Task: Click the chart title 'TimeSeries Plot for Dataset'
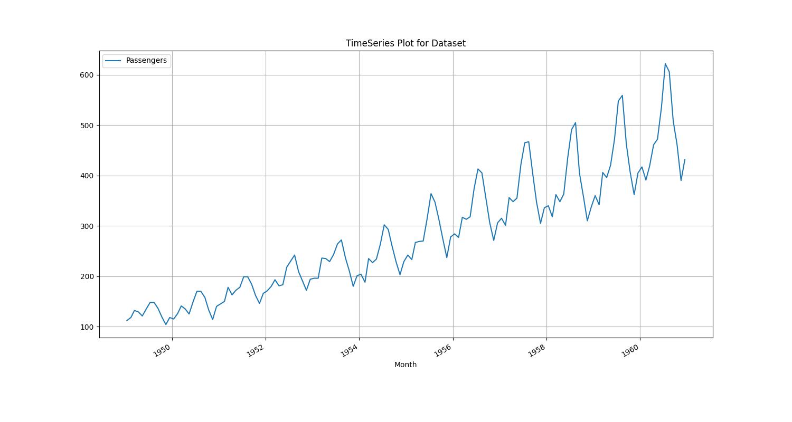click(x=406, y=43)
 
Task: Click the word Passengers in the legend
click(x=146, y=61)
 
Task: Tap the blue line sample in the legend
click(x=113, y=61)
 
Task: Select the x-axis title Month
click(x=406, y=365)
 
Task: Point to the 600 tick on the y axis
click(x=87, y=75)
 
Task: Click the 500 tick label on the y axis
click(x=87, y=126)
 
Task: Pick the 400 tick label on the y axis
click(x=87, y=176)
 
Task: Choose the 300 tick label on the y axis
click(x=87, y=226)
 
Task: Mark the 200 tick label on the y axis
click(x=87, y=276)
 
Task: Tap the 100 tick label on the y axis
click(x=87, y=327)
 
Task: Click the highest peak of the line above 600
click(x=665, y=64)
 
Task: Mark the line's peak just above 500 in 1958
click(x=576, y=123)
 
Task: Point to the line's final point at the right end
click(x=685, y=159)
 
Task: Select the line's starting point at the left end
click(x=127, y=321)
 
